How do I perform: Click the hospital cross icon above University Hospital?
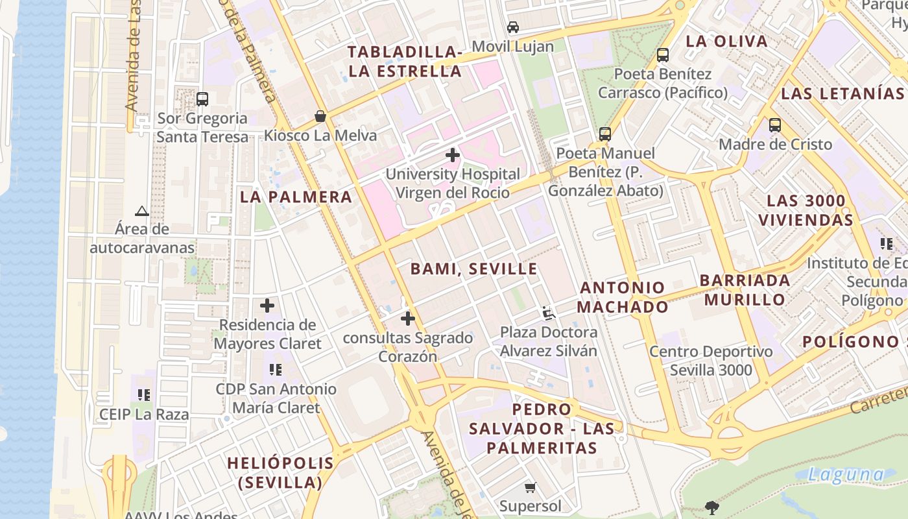coord(453,155)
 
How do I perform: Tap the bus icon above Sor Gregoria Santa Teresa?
coord(202,99)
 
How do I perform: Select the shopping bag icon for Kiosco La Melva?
coord(320,116)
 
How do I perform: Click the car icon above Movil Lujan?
coord(513,27)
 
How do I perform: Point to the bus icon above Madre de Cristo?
coord(775,125)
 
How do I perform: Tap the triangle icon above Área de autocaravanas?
coord(142,211)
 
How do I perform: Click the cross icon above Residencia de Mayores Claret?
coord(267,306)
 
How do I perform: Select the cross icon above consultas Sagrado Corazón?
coord(408,319)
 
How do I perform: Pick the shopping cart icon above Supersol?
coord(531,487)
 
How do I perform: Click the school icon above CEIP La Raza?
coord(144,394)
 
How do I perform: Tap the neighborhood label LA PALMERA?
coord(296,197)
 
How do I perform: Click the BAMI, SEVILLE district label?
coord(474,269)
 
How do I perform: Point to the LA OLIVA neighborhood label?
coord(726,42)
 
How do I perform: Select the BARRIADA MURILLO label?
coord(745,290)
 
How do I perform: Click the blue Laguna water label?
coord(846,474)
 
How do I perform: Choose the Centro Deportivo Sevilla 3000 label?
coord(711,361)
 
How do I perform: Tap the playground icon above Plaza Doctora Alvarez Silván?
coord(549,313)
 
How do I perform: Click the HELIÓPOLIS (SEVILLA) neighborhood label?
coord(281,473)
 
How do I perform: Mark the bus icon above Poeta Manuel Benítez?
coord(605,134)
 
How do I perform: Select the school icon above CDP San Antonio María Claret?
coord(276,370)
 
